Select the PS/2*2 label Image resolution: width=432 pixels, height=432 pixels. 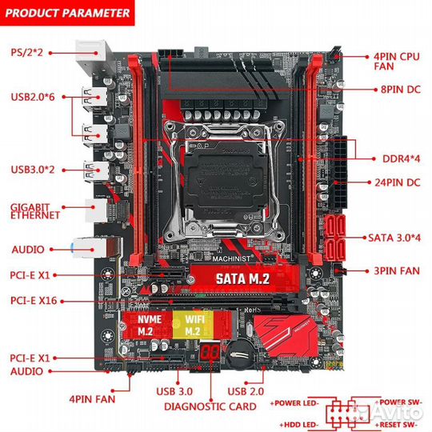tap(27, 52)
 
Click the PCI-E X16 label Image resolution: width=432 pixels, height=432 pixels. tap(33, 302)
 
